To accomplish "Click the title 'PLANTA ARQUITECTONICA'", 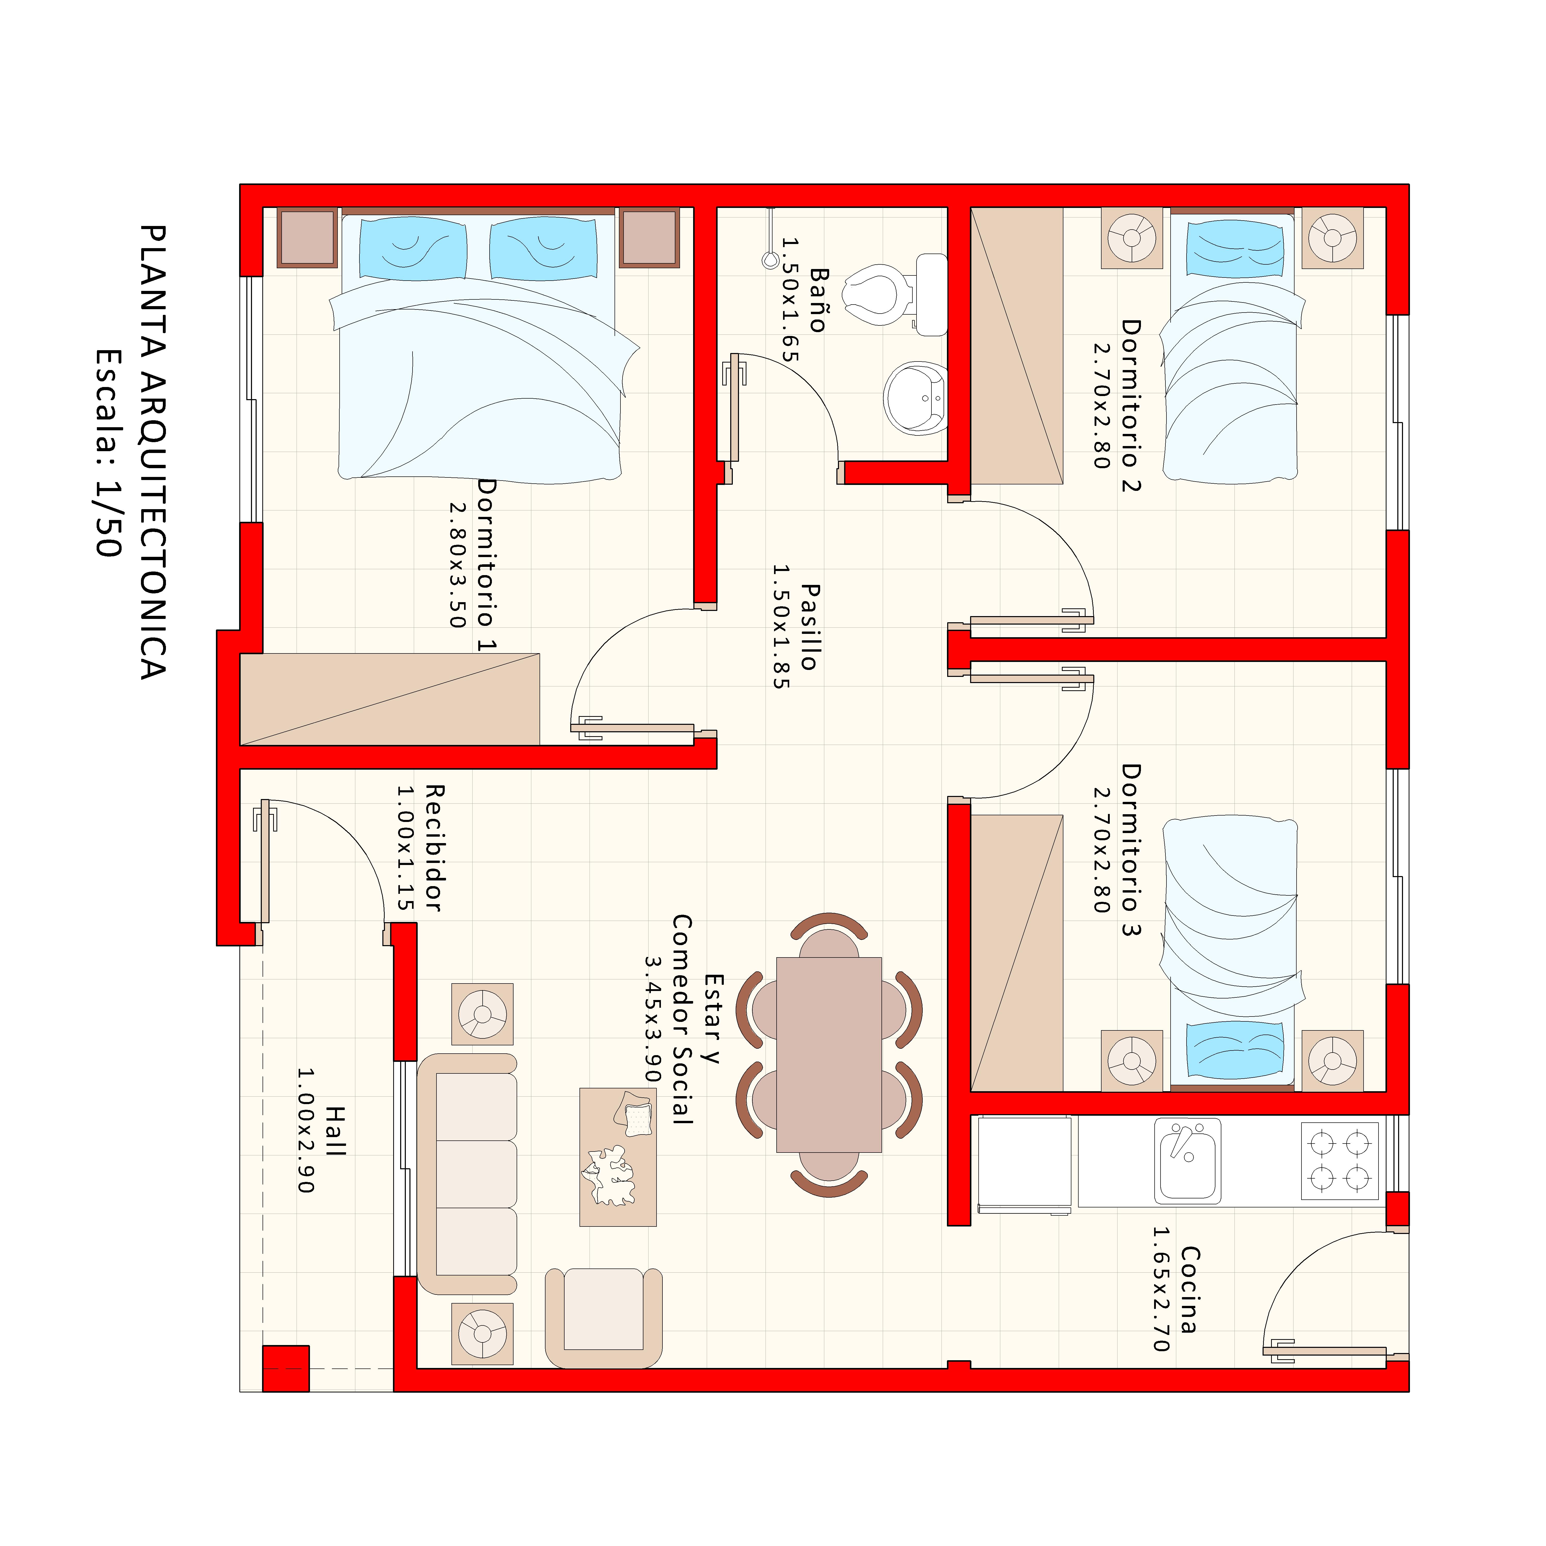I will coord(152,452).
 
